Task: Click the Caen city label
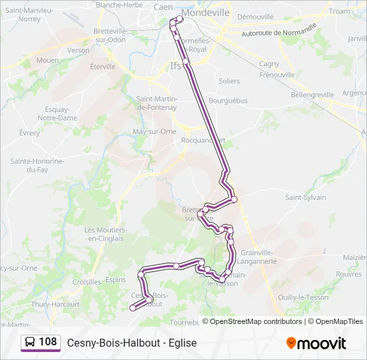[x=163, y=7]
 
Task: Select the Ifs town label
[x=175, y=66]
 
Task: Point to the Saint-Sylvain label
[x=306, y=197]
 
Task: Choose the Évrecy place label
[x=29, y=133]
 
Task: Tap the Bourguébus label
[x=228, y=101]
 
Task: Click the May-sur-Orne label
[x=154, y=131]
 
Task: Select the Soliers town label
[x=229, y=81]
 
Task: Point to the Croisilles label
[x=87, y=282]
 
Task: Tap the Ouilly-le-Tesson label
[x=303, y=297]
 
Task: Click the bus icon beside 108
[x=30, y=343]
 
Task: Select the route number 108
[x=48, y=342]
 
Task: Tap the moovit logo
[x=316, y=343]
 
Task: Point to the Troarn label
[x=339, y=11]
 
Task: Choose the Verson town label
[x=78, y=50]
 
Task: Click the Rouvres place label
[x=348, y=274]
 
